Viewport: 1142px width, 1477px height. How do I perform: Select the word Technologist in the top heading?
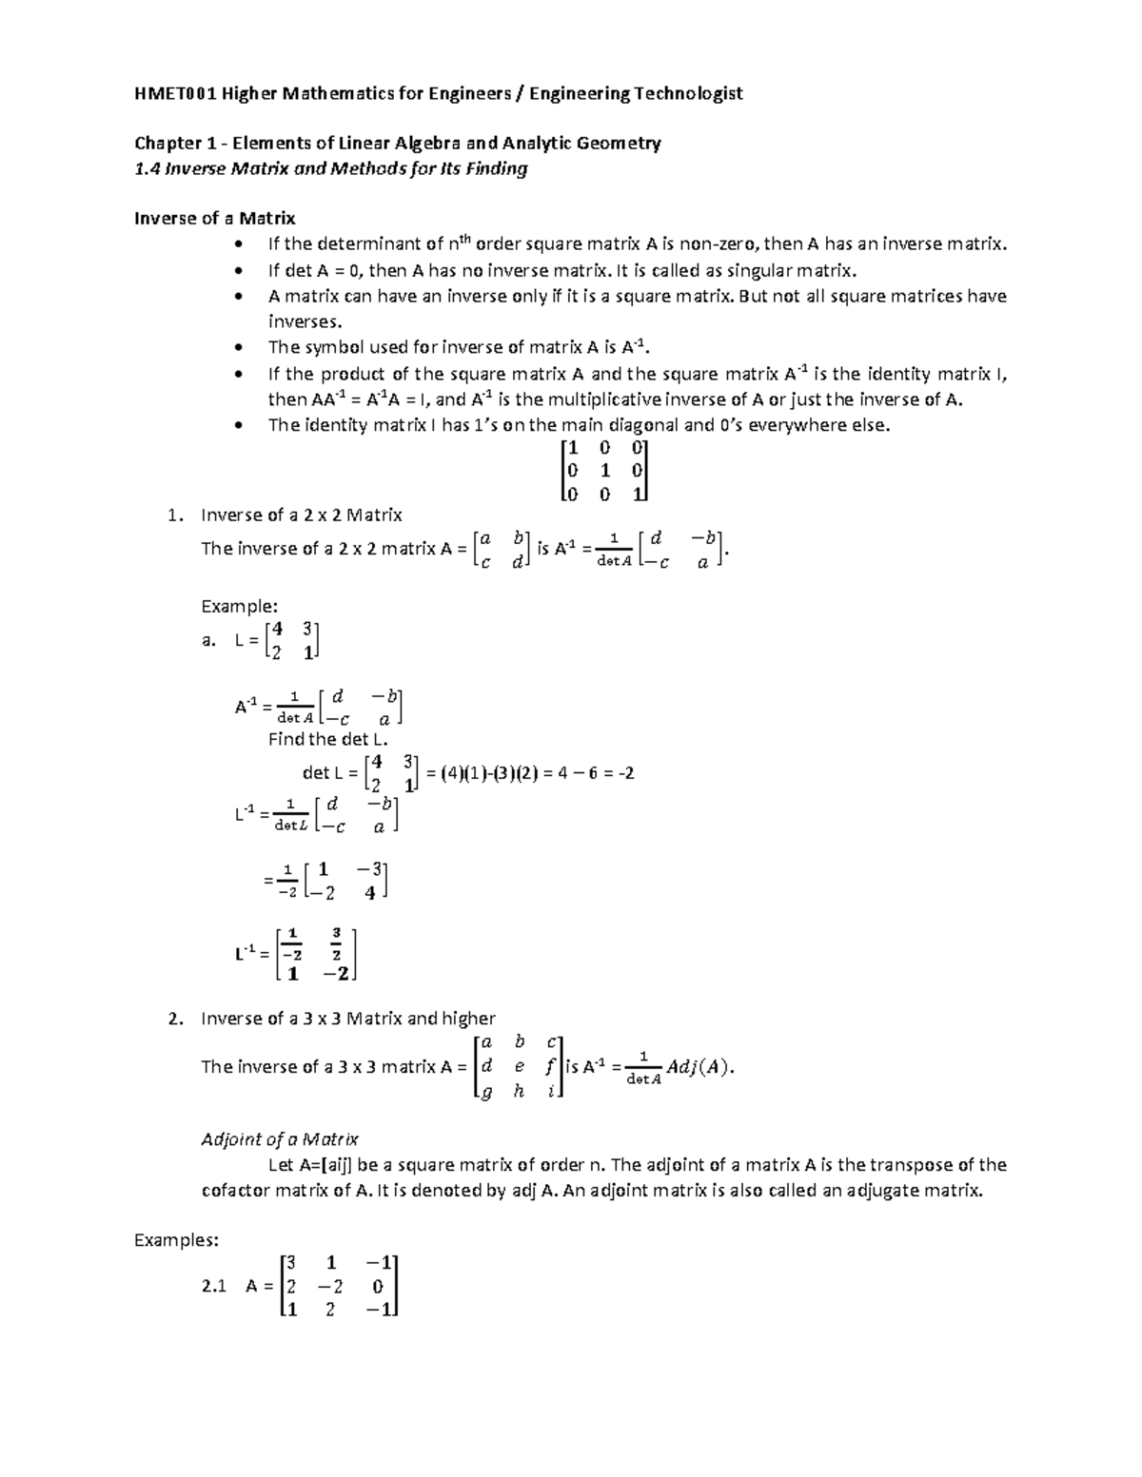tap(689, 93)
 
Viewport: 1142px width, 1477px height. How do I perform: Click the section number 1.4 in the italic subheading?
tap(147, 169)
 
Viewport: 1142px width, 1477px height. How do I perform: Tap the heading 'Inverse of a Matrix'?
tap(215, 219)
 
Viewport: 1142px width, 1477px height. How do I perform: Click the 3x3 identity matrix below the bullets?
tap(604, 471)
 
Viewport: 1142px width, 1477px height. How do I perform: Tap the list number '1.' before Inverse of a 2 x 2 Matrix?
tap(173, 515)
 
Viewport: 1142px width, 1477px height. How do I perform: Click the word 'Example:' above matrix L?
tap(239, 606)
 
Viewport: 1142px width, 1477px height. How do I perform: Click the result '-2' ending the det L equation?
tap(625, 773)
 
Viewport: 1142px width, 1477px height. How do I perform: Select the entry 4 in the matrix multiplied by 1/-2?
tap(370, 893)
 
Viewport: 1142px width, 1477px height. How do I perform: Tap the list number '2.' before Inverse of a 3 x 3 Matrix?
tap(173, 1019)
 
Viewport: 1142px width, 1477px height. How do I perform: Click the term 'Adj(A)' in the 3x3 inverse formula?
tap(699, 1066)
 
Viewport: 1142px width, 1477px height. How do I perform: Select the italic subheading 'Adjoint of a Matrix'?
tap(280, 1139)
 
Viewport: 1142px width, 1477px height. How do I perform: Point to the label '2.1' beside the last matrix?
tap(214, 1286)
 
